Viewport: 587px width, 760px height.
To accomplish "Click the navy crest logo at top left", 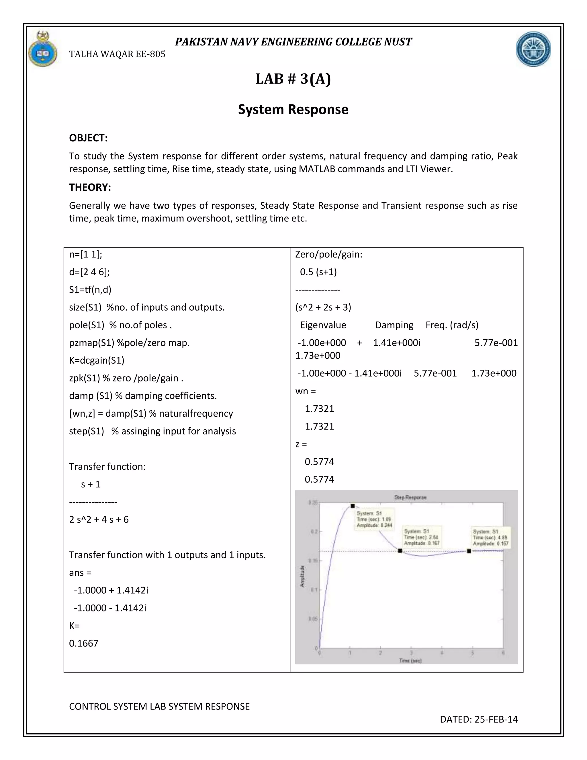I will [x=43, y=49].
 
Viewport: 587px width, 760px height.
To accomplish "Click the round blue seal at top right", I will [x=533, y=49].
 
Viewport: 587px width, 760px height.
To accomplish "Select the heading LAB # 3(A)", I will [x=293, y=79].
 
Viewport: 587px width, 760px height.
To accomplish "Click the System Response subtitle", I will [x=293, y=110].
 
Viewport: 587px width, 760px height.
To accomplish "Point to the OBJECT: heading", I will [x=88, y=138].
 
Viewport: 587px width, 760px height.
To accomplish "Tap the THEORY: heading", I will [x=90, y=188].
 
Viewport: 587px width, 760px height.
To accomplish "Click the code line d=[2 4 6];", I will [x=89, y=272].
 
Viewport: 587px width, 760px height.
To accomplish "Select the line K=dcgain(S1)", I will [x=97, y=360].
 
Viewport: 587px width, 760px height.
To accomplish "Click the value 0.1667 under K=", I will [x=83, y=643].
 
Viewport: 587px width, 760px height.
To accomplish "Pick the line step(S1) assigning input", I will [x=152, y=431].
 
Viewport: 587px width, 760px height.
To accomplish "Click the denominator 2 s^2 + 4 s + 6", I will [x=99, y=520].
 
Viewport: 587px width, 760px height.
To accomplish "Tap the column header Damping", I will [x=394, y=325].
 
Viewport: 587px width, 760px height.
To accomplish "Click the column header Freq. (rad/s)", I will [x=452, y=325].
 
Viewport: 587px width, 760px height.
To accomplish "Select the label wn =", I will [x=305, y=391].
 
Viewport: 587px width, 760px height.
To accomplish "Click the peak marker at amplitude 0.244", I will [x=353, y=506].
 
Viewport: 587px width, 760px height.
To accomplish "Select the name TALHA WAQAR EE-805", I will [x=117, y=54].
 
